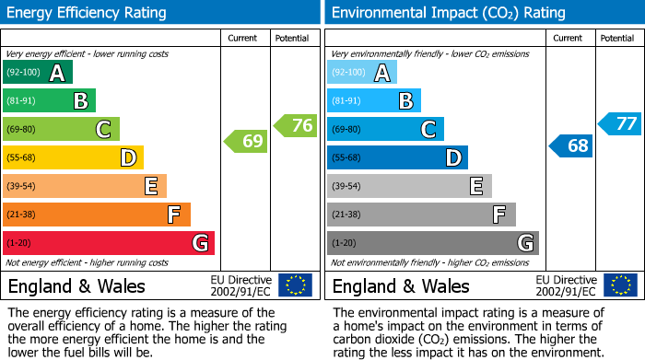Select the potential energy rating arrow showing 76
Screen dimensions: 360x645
(296, 125)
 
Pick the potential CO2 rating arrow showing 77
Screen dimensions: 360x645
(620, 124)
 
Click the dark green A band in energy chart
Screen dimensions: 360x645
(38, 73)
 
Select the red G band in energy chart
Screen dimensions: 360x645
(109, 243)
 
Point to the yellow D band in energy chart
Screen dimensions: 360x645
(73, 158)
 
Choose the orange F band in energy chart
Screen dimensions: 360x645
(97, 215)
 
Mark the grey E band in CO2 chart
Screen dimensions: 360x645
(409, 186)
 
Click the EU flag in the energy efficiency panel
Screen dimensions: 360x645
(295, 285)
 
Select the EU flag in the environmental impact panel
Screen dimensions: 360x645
(619, 285)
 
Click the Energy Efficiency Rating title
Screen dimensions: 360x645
(88, 13)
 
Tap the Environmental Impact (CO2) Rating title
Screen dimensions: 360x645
(448, 13)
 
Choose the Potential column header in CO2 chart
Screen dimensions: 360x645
(617, 38)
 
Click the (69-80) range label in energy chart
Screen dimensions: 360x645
(21, 130)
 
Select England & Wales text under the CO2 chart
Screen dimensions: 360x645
(401, 286)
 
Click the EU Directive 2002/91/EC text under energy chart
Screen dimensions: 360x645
(241, 285)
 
